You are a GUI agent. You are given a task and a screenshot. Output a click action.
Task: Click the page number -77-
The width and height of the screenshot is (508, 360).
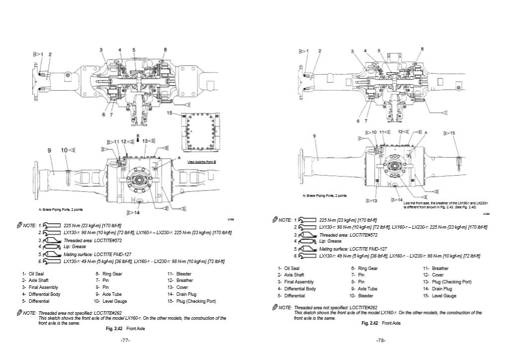(125, 341)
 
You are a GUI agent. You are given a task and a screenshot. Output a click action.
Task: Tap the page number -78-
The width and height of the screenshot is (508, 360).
(381, 341)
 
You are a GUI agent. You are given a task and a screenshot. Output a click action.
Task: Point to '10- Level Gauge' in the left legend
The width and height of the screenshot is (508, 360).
(110, 301)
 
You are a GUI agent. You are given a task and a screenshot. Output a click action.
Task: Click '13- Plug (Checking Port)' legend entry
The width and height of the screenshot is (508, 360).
(447, 282)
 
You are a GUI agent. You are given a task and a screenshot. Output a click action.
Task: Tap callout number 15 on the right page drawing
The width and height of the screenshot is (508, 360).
(451, 133)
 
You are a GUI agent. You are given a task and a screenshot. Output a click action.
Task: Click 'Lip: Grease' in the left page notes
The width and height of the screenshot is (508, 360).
(75, 246)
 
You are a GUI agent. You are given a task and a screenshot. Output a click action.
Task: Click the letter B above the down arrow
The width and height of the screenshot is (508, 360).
(137, 135)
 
